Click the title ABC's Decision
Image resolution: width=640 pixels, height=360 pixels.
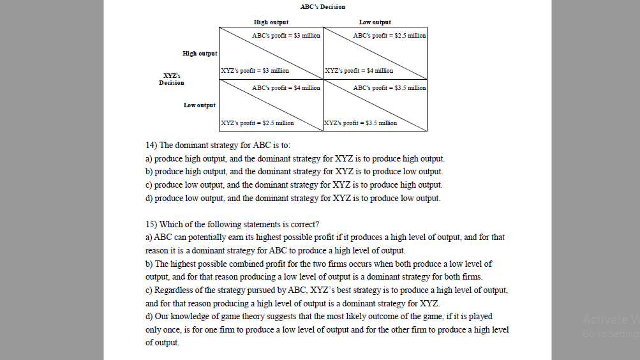[x=322, y=7]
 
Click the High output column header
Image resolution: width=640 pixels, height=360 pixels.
[x=271, y=22]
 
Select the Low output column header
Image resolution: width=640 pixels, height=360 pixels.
[x=375, y=22]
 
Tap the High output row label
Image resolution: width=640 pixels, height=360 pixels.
[x=200, y=54]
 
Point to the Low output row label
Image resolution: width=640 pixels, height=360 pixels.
[x=200, y=105]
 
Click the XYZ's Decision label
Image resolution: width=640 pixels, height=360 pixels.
[x=172, y=79]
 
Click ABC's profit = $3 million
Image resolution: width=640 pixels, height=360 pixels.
[x=286, y=36]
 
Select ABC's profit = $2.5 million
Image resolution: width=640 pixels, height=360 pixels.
[x=389, y=36]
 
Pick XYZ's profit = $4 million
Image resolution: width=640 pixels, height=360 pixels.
[x=359, y=71]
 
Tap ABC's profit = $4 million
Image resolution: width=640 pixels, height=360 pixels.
[x=286, y=88]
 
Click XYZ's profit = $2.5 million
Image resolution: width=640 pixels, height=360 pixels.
[x=257, y=123]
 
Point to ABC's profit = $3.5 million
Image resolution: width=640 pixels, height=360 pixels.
[x=389, y=88]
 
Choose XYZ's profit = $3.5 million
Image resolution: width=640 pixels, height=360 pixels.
[x=361, y=123]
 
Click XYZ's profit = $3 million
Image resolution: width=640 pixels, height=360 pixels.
[x=255, y=71]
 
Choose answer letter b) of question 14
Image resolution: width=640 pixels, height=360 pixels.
[x=149, y=172]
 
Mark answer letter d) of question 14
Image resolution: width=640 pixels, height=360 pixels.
[x=149, y=199]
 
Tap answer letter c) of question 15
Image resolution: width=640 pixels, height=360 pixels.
[x=149, y=290]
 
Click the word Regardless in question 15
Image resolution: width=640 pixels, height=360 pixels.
[x=173, y=290]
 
